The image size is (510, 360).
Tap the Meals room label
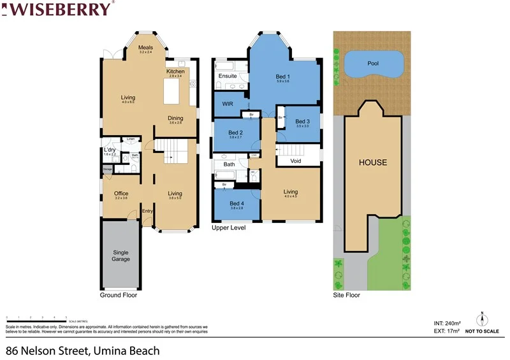point(145,48)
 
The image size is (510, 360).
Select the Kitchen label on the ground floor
point(175,71)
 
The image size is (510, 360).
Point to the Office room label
point(121,194)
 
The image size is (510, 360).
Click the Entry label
point(147,212)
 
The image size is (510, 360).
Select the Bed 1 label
point(283,77)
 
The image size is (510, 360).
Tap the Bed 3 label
point(302,122)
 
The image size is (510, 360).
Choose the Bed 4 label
point(237,203)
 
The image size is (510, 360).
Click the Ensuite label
point(228,76)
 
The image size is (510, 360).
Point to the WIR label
point(227,103)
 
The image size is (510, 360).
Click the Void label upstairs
point(295,161)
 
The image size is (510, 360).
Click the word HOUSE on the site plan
point(372,162)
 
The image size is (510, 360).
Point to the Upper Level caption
point(228,227)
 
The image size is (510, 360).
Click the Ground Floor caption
point(119,296)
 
